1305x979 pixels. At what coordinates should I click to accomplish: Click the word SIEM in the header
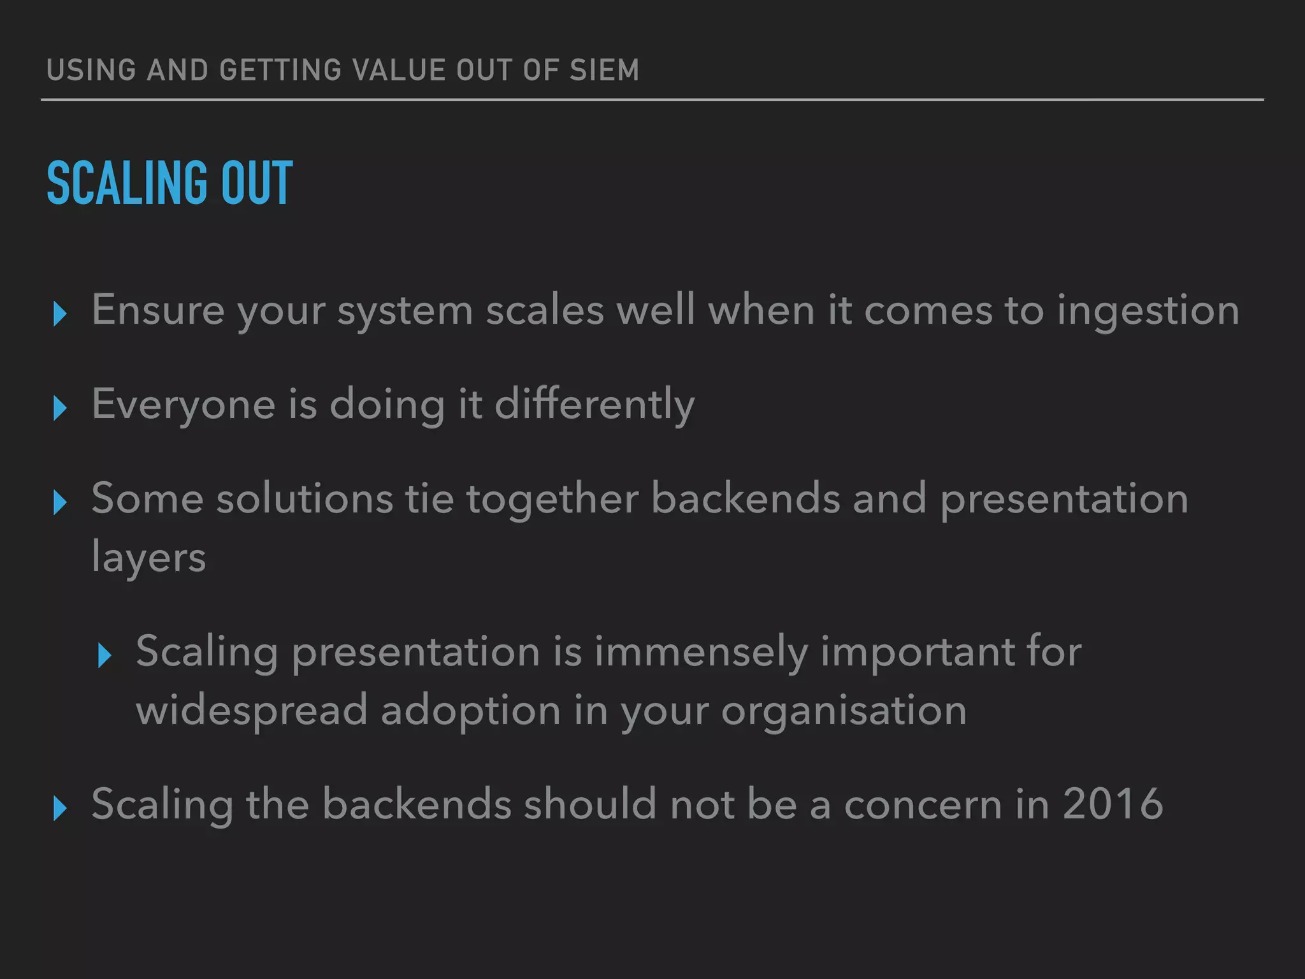click(603, 70)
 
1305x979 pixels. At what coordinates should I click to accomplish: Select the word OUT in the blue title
click(257, 184)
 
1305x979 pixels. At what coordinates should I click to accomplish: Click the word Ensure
click(157, 310)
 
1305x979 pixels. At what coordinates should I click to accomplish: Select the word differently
click(595, 405)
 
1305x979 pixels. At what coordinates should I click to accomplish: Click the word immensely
click(701, 653)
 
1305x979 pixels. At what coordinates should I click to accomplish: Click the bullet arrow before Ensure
click(61, 314)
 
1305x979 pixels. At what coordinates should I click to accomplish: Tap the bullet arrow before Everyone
click(61, 408)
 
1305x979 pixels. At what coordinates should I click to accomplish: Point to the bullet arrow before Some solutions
click(61, 502)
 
